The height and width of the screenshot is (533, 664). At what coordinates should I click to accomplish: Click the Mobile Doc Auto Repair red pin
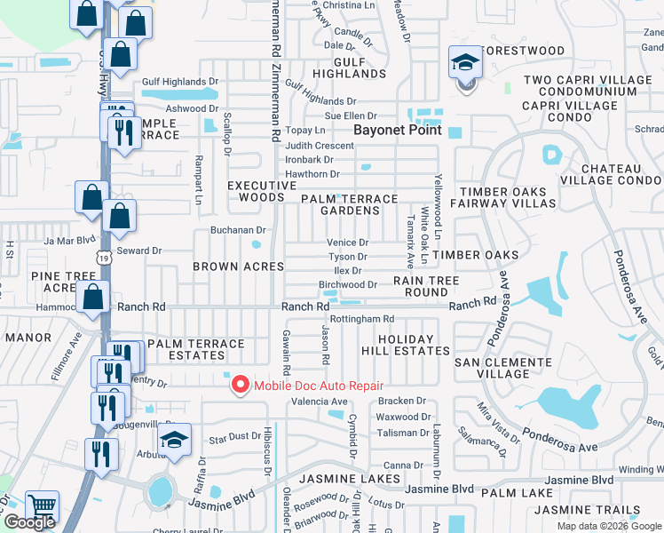tap(240, 385)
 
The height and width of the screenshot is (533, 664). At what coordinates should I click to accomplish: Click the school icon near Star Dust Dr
tap(175, 442)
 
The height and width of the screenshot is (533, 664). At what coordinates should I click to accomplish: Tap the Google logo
tap(29, 522)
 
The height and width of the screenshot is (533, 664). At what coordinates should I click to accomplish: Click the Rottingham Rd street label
tap(361, 319)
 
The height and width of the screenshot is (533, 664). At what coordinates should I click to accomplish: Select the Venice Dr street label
tap(347, 243)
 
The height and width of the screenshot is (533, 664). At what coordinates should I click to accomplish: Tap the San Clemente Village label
tap(492, 368)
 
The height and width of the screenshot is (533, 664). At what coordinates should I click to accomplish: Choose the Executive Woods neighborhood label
tap(261, 191)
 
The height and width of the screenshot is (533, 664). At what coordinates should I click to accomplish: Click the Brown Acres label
tap(239, 266)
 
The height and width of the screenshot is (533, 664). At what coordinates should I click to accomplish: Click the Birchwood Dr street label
tap(348, 285)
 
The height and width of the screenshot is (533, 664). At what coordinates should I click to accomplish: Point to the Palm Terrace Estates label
tap(196, 349)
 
